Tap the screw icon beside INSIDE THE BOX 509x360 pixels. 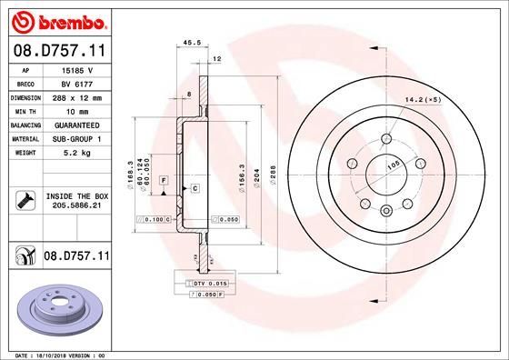[x=25, y=201]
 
